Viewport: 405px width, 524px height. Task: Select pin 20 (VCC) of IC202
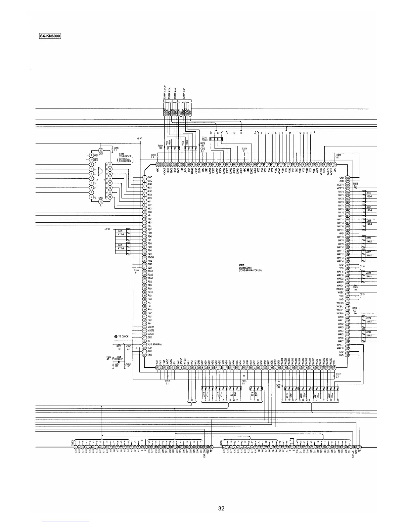(101, 151)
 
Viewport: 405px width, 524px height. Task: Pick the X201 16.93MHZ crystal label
(118, 358)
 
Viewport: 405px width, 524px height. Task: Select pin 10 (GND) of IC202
(101, 201)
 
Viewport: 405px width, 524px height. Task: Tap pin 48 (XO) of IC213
(144, 341)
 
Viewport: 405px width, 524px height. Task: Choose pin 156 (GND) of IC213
(347, 178)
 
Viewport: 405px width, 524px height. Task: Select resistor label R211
(355, 309)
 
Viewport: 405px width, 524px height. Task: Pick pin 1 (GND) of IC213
(144, 178)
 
